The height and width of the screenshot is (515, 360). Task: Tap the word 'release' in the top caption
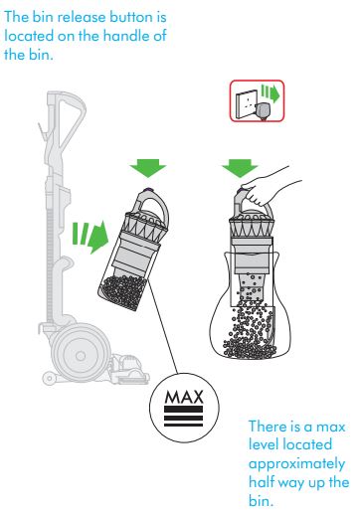coord(76,19)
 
